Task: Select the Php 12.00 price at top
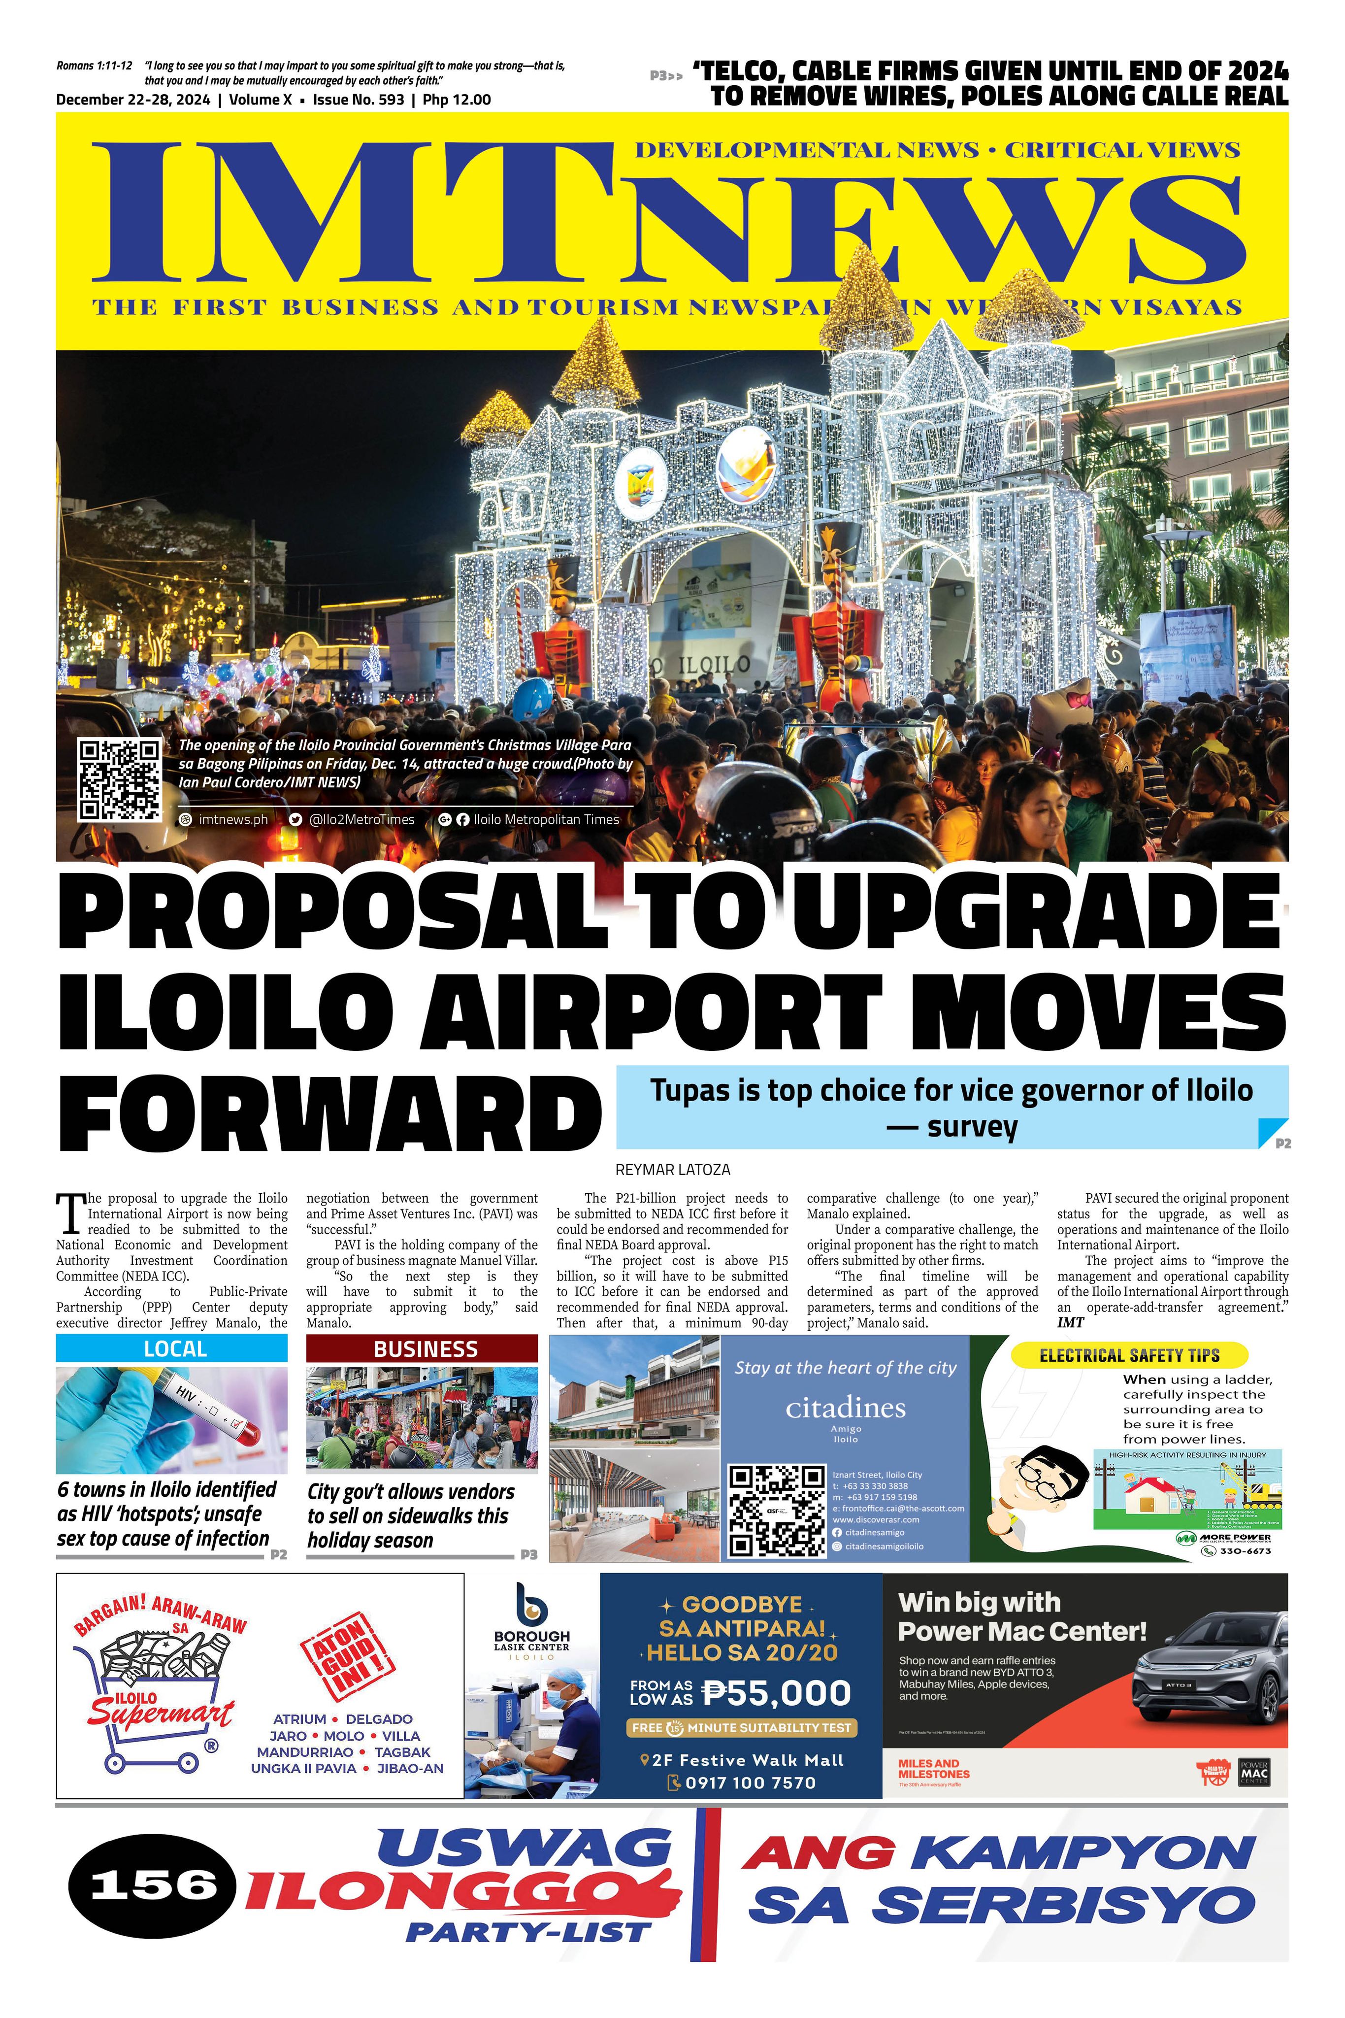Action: pos(457,100)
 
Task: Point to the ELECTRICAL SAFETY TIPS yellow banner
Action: pos(1129,1356)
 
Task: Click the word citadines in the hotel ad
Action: pos(845,1408)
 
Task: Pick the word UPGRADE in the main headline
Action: pos(1037,911)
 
